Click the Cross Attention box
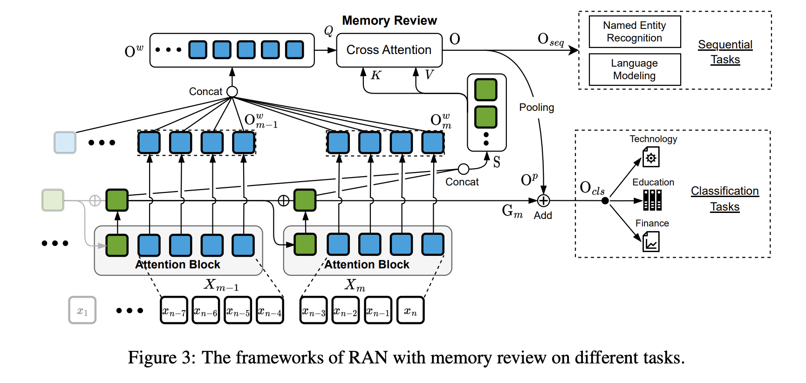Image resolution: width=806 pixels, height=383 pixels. click(389, 50)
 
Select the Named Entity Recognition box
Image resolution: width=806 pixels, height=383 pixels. click(635, 32)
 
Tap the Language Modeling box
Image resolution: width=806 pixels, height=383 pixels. click(635, 69)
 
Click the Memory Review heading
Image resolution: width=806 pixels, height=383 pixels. click(389, 21)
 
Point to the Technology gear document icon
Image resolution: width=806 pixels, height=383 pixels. click(651, 157)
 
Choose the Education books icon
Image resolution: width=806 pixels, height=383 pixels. click(652, 200)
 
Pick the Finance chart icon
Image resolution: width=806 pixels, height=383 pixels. click(651, 242)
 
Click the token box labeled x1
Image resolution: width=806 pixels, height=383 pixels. click(82, 310)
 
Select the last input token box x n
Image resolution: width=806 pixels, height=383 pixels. click(410, 310)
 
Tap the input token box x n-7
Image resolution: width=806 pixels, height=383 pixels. click(174, 310)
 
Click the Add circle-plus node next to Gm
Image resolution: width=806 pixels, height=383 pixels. click(543, 201)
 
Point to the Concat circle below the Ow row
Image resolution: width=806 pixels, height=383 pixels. click(232, 92)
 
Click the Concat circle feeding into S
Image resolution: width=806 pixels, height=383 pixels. click(464, 169)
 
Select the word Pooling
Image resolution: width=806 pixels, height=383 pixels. click(537, 108)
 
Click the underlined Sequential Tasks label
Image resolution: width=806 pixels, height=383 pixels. click(725, 52)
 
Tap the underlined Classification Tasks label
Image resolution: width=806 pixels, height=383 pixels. click(724, 198)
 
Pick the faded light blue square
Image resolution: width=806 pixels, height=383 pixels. click(65, 143)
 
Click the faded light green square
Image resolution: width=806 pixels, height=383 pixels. click(53, 200)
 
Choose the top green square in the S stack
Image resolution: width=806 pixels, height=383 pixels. click(486, 89)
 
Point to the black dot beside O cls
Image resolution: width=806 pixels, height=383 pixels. click(605, 201)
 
